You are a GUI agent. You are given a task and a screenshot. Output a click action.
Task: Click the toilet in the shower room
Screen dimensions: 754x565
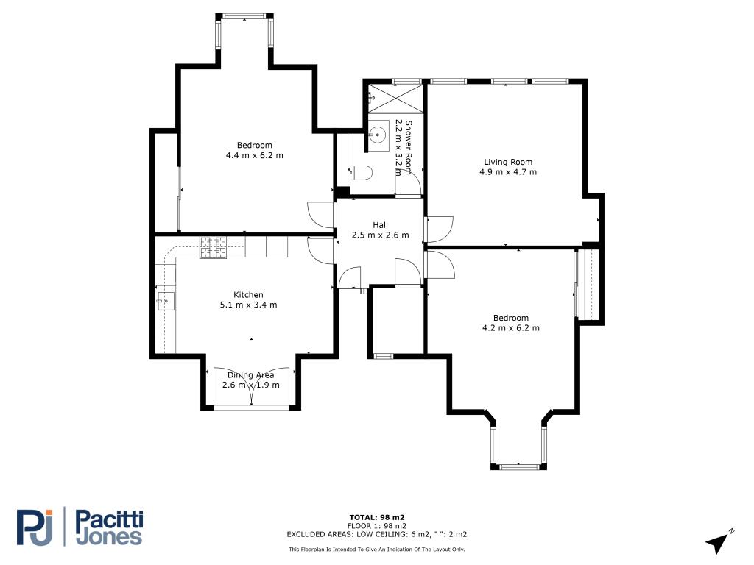pos(359,172)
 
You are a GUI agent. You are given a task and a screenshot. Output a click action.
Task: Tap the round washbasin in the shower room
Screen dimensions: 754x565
pos(378,133)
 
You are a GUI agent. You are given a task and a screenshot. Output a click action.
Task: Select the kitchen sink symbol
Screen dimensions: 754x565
pos(166,301)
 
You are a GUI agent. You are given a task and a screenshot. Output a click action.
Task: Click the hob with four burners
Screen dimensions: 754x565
pos(213,247)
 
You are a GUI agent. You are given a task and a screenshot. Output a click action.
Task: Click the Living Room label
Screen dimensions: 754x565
pos(508,162)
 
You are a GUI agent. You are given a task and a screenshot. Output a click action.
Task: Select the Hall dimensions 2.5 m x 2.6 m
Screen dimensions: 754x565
pos(381,235)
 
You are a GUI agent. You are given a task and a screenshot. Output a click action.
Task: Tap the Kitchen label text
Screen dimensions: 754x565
pos(248,294)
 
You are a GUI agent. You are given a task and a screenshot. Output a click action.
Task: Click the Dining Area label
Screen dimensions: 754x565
pos(250,375)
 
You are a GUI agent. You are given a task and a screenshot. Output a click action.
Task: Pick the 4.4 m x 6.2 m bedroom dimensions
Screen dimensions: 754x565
pos(254,155)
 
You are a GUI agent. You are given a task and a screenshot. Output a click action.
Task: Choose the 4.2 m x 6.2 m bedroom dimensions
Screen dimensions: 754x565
pos(511,328)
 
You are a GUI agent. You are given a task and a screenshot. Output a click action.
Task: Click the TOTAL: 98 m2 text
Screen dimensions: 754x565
pos(377,517)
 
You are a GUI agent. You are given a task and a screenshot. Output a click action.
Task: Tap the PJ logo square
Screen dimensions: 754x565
pos(34,527)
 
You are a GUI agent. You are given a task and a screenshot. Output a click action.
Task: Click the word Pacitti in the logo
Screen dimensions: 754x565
pos(110,520)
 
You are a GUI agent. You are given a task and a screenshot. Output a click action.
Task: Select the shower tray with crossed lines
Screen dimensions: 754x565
pos(395,99)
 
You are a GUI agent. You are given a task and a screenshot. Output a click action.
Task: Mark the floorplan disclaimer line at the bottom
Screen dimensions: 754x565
pos(376,549)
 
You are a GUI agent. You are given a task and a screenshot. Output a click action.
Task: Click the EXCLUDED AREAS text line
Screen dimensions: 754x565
pos(376,534)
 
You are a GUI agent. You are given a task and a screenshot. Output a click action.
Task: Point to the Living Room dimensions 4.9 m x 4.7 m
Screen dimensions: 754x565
pos(508,172)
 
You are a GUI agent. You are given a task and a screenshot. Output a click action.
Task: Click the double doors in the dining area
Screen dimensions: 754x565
pos(251,388)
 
